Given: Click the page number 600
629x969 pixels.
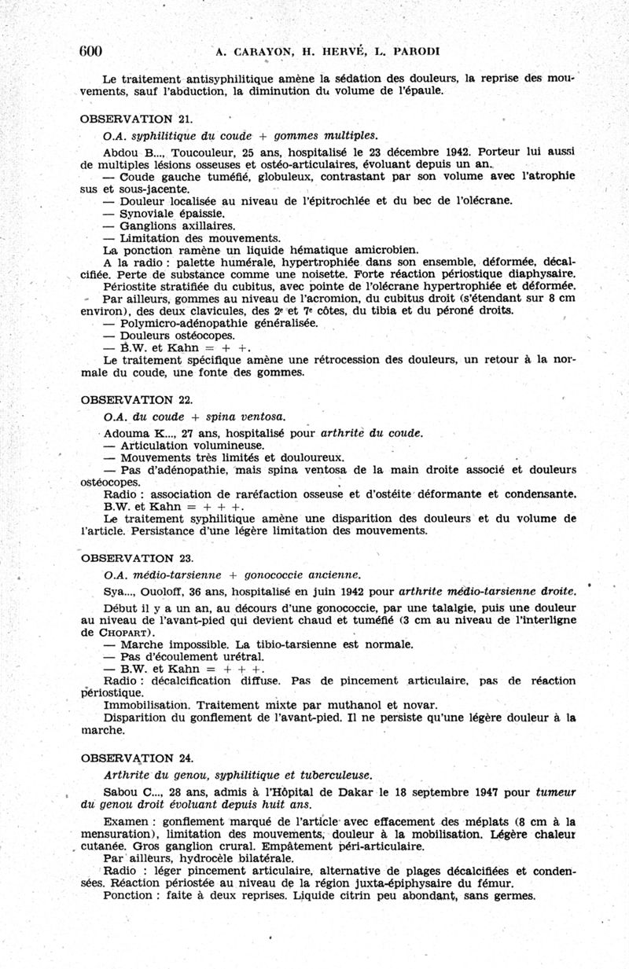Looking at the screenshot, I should (91, 51).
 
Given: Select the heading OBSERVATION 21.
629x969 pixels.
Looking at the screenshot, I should (137, 119).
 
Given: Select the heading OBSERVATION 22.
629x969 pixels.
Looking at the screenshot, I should (137, 399).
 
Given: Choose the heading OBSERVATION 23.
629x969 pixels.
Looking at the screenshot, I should (137, 558).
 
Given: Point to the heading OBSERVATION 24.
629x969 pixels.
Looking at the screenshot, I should (137, 758).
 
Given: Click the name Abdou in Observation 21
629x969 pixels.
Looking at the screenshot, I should (120, 151).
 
